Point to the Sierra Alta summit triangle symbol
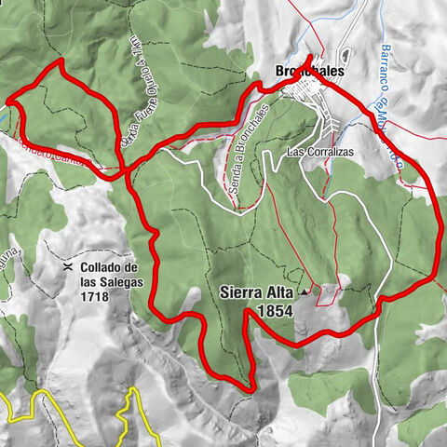pyautogui.click(x=305, y=291)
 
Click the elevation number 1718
pyautogui.click(x=94, y=297)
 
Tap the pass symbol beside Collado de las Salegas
pyautogui.click(x=68, y=266)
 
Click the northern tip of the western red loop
pyautogui.click(x=61, y=61)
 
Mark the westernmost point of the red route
pyautogui.click(x=7, y=99)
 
